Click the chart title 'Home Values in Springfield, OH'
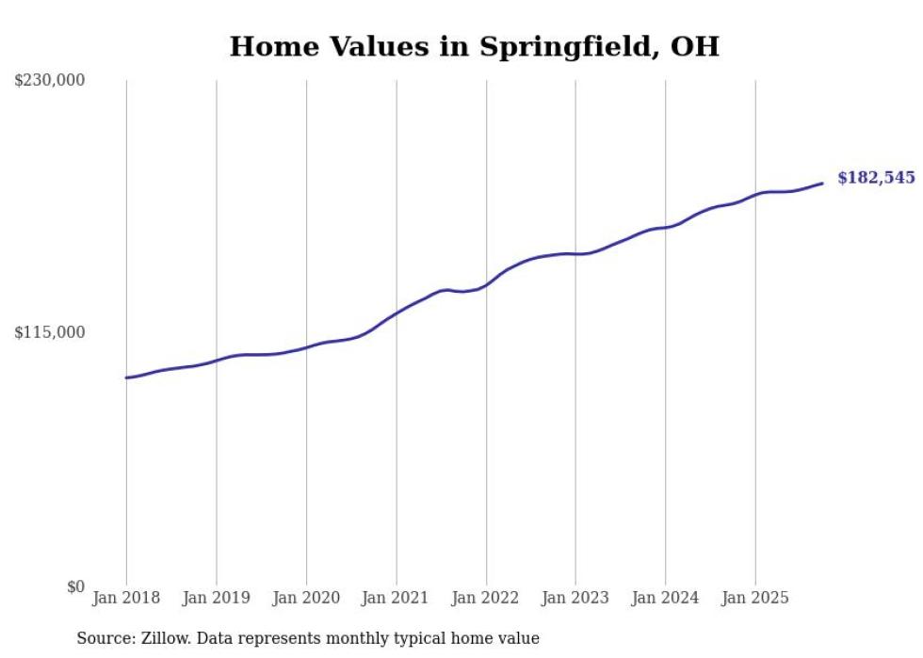click(474, 47)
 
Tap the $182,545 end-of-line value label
click(876, 178)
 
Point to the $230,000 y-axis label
click(50, 80)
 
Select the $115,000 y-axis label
click(50, 332)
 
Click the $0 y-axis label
click(75, 586)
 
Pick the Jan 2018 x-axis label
click(126, 598)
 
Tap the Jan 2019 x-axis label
click(217, 598)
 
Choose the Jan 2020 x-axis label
click(306, 598)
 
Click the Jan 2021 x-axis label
click(396, 598)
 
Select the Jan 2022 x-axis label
click(486, 598)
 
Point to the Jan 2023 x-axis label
click(575, 598)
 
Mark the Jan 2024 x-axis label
click(665, 598)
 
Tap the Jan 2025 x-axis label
click(754, 598)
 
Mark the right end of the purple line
click(822, 184)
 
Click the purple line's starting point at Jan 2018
click(126, 377)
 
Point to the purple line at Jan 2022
click(486, 284)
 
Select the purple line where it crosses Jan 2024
click(665, 227)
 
